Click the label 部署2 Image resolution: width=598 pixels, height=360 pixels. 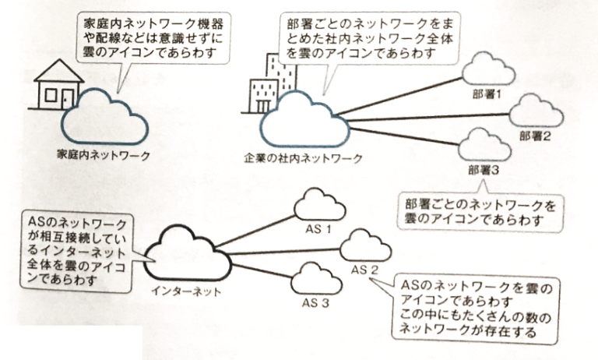click(537, 136)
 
